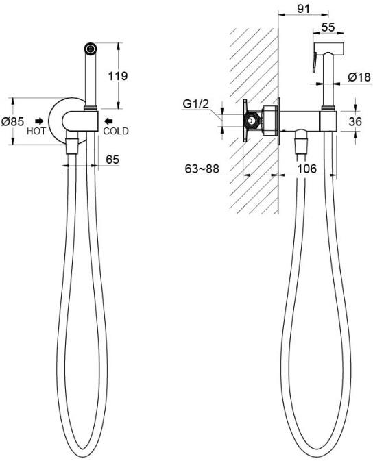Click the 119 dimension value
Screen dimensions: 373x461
tap(118, 76)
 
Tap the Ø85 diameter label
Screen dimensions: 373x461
tap(12, 121)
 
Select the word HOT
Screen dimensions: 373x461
tap(36, 131)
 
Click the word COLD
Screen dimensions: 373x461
tap(116, 131)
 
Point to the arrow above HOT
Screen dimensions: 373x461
tap(39, 121)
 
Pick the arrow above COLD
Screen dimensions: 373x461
tap(108, 121)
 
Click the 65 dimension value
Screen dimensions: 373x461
tap(112, 160)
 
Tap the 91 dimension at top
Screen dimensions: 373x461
tap(303, 9)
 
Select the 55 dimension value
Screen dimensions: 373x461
tap(328, 27)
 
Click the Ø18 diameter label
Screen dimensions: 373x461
tap(359, 77)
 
